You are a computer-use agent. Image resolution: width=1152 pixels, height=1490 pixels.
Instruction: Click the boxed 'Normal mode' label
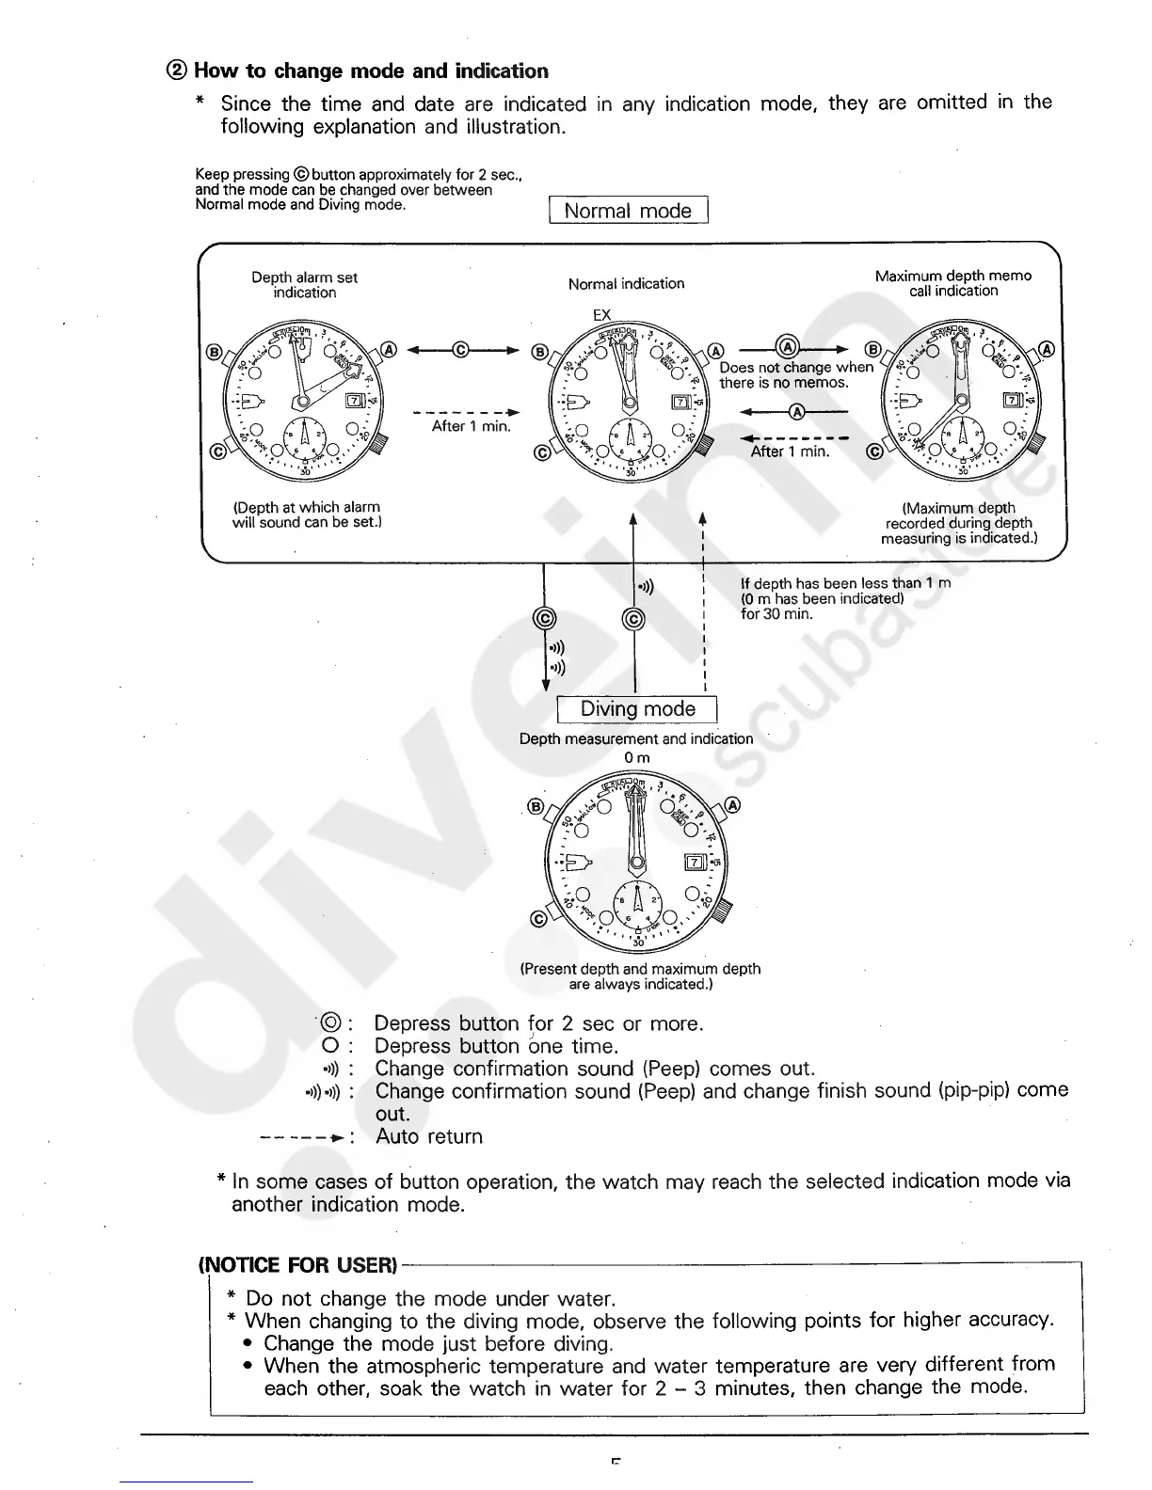[x=628, y=211]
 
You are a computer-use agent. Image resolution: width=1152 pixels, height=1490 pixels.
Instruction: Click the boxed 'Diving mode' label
[x=637, y=709]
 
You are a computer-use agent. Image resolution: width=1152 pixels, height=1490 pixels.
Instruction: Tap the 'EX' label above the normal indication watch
[x=602, y=314]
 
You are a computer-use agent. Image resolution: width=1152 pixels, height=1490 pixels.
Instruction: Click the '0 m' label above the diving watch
[x=637, y=757]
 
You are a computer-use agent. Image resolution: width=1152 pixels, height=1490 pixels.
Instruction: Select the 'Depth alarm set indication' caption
[x=304, y=285]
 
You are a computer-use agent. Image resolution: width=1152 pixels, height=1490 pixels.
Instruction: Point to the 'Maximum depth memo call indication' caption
[x=952, y=283]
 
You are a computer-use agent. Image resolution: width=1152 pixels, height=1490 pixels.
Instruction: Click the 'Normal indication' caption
[x=626, y=283]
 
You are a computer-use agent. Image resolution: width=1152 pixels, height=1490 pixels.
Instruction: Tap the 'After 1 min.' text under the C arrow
[x=471, y=426]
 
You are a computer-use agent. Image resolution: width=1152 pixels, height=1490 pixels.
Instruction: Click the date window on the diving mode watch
[x=695, y=863]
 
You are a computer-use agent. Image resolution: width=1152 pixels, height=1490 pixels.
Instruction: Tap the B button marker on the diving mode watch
[x=536, y=806]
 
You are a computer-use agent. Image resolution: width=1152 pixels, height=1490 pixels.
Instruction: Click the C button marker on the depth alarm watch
[x=216, y=451]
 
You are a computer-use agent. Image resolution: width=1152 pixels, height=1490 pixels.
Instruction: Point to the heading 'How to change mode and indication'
[x=370, y=71]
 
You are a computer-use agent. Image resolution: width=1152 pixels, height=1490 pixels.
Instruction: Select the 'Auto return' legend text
[x=428, y=1136]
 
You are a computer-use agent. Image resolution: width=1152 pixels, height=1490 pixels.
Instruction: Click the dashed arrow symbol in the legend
[x=301, y=1137]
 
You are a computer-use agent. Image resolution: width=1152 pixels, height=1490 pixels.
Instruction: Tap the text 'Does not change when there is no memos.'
[x=795, y=375]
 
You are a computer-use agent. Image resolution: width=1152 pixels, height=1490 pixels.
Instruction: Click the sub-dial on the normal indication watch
[x=630, y=436]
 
